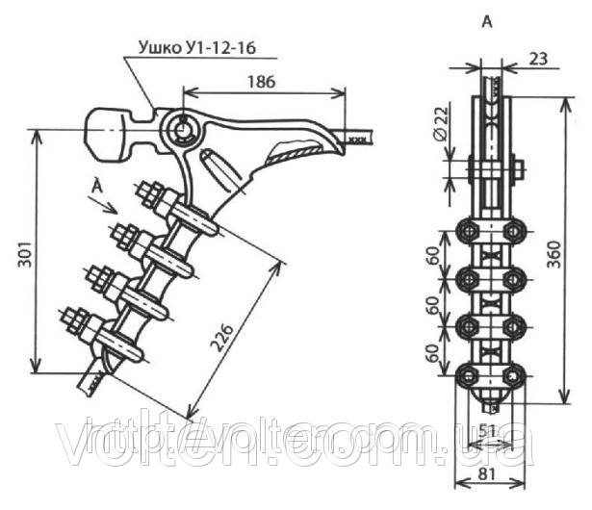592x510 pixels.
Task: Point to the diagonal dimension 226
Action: (223, 332)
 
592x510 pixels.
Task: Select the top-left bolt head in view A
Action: (468, 230)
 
